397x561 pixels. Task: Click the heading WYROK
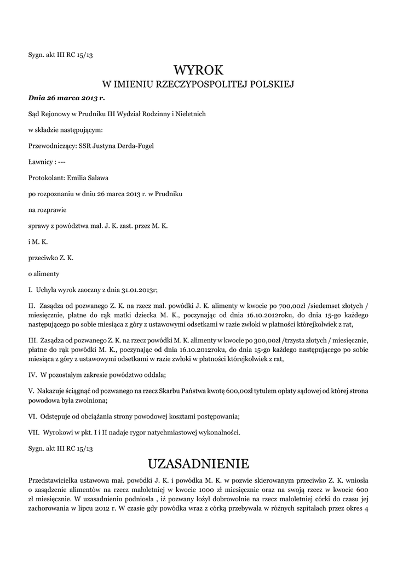(199, 70)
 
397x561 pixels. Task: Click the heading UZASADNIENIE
(198, 463)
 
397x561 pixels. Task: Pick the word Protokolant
(46, 178)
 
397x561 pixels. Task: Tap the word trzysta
(303, 341)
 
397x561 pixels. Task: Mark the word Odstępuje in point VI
(56, 416)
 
